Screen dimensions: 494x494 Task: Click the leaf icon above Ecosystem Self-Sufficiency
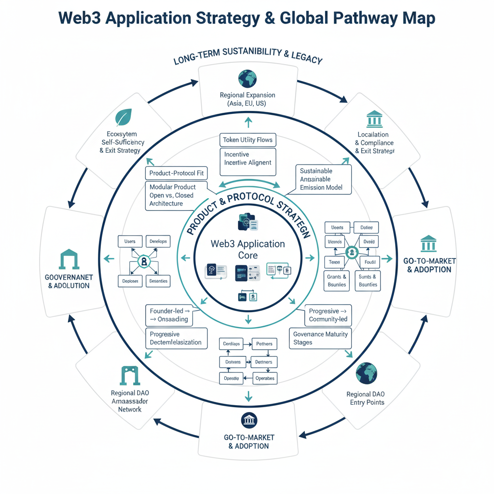pyautogui.click(x=123, y=118)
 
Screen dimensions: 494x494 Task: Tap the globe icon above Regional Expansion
pyautogui.click(x=247, y=79)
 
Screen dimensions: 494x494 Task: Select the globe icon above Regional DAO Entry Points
pyautogui.click(x=366, y=373)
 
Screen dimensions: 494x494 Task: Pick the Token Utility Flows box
pyautogui.click(x=247, y=140)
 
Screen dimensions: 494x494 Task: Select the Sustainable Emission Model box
pyautogui.click(x=323, y=179)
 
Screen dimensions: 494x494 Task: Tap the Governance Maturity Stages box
pyautogui.click(x=320, y=338)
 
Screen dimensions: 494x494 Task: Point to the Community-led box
pyautogui.click(x=328, y=316)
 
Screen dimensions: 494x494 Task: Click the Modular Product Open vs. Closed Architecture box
pyautogui.click(x=176, y=195)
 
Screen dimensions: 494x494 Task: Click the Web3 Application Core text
pyautogui.click(x=247, y=249)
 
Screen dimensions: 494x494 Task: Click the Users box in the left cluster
pyautogui.click(x=130, y=241)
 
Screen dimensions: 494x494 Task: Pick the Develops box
pyautogui.click(x=158, y=241)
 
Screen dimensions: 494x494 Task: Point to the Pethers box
pyautogui.click(x=264, y=344)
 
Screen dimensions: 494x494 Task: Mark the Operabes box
pyautogui.click(x=264, y=378)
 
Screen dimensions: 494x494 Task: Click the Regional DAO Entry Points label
pyautogui.click(x=366, y=398)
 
